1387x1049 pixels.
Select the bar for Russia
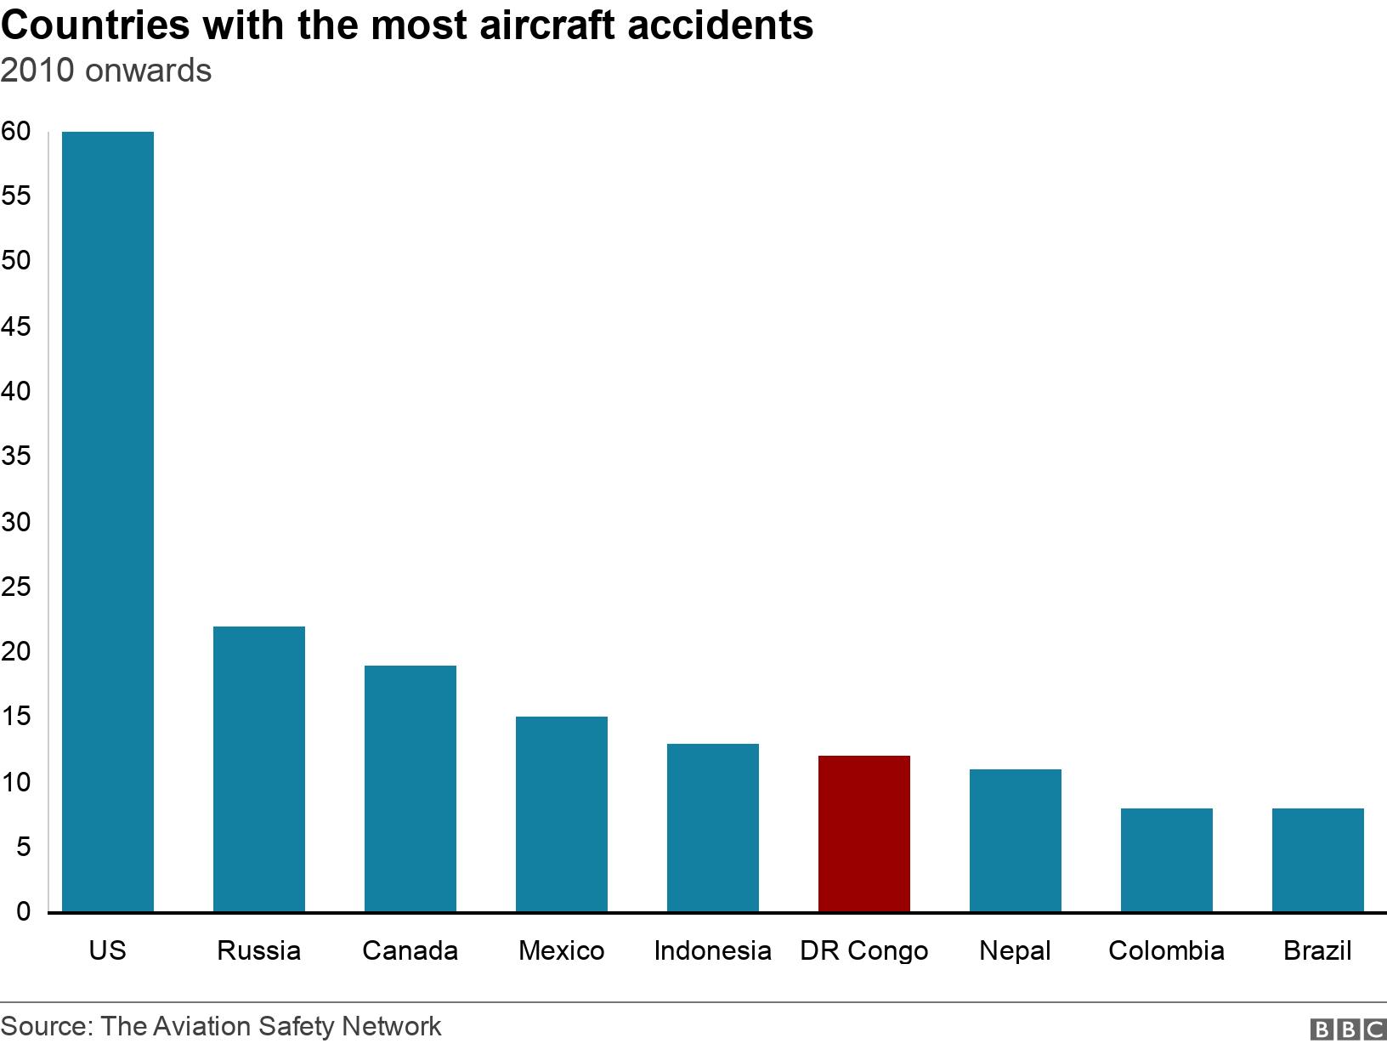pos(259,768)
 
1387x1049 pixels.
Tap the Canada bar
pos(410,788)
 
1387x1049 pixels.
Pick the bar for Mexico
pos(562,814)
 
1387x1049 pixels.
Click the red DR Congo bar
pos(864,833)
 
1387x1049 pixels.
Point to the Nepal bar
pos(1016,840)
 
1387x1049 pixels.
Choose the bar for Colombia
pos(1167,859)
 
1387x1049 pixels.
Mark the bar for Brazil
pos(1318,859)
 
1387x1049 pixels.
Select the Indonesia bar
pos(713,827)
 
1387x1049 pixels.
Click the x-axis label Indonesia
pos(713,950)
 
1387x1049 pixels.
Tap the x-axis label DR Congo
pos(864,950)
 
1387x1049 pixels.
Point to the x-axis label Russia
pos(259,950)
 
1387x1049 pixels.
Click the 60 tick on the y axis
pos(16,131)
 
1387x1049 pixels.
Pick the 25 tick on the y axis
pos(16,587)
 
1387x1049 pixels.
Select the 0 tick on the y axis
pos(23,911)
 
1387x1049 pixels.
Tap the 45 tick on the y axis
pos(16,326)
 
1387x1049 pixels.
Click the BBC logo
pos(1349,1029)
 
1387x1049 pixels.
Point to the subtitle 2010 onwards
pos(106,71)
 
